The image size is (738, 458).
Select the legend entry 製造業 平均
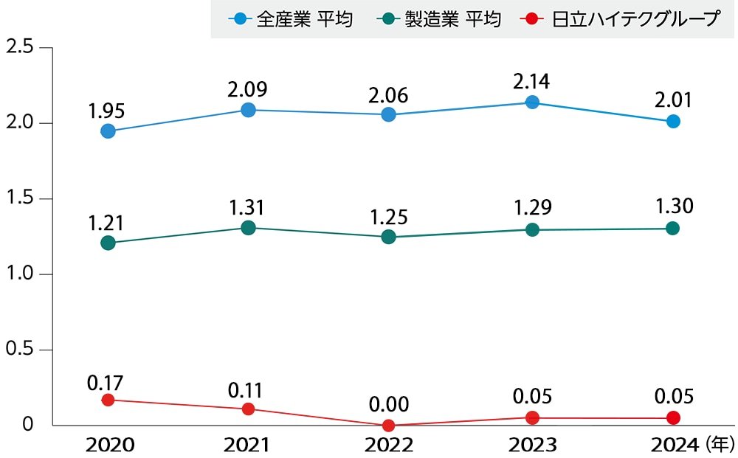(441, 18)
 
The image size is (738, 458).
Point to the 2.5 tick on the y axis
(20, 46)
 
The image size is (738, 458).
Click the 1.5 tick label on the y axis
(20, 198)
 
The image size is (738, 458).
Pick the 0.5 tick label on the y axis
(20, 349)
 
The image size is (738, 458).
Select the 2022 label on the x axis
(388, 445)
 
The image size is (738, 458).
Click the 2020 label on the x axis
(109, 445)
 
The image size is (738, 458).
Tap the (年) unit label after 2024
(719, 444)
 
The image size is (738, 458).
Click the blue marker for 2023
(531, 103)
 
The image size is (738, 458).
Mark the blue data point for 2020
(108, 131)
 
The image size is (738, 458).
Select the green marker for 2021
(248, 228)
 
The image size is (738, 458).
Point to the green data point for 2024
(673, 229)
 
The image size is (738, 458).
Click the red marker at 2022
(388, 426)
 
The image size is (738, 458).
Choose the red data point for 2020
(108, 400)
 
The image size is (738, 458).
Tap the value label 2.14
(531, 80)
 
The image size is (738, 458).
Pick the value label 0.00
(388, 404)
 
